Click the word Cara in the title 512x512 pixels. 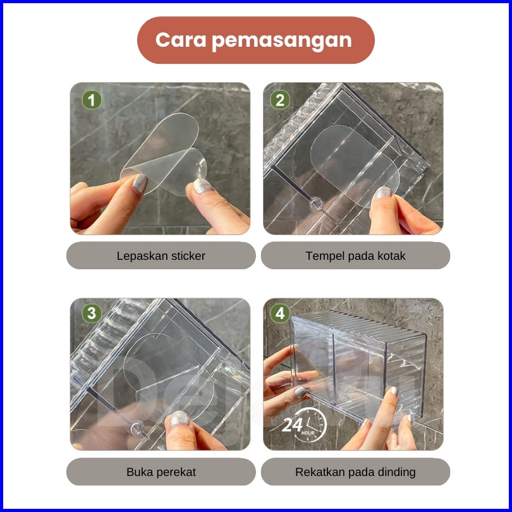pyautogui.click(x=181, y=40)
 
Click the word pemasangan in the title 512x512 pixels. pyautogui.click(x=282, y=41)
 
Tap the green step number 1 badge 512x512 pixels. pyautogui.click(x=92, y=100)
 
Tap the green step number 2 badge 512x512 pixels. pyautogui.click(x=280, y=100)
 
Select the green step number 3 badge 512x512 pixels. pyautogui.click(x=92, y=313)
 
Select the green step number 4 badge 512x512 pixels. pyautogui.click(x=280, y=313)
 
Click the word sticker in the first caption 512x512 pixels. pyautogui.click(x=187, y=255)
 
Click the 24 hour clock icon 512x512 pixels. pyautogui.click(x=304, y=425)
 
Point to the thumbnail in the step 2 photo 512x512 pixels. pyautogui.click(x=383, y=193)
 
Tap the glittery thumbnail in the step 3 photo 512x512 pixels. pyautogui.click(x=179, y=418)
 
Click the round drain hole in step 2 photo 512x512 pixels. pyautogui.click(x=316, y=204)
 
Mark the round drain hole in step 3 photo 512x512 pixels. pyautogui.click(x=137, y=428)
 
